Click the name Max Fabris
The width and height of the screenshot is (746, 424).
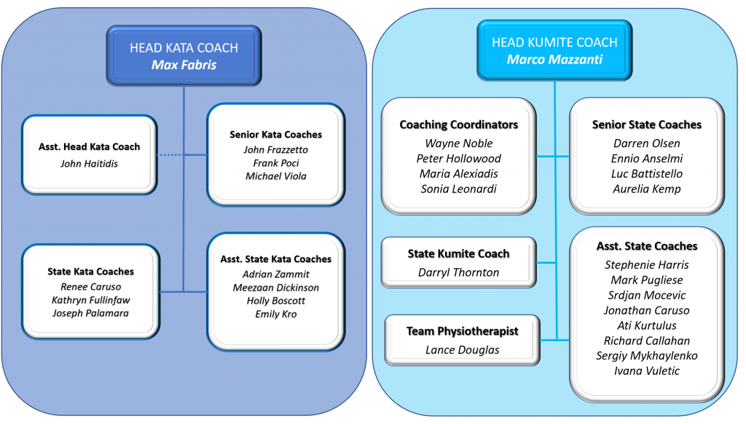click(x=184, y=65)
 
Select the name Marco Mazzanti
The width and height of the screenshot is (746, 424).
click(x=554, y=59)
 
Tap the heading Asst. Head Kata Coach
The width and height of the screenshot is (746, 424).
click(x=89, y=146)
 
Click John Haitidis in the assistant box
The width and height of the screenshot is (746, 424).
click(x=89, y=163)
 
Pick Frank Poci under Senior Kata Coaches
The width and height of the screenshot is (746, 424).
click(x=275, y=162)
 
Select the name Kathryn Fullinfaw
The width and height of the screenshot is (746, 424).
click(x=91, y=299)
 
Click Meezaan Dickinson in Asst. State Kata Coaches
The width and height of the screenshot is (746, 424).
click(x=275, y=287)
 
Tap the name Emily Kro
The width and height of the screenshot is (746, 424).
click(x=275, y=314)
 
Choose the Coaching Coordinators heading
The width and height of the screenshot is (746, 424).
click(x=458, y=125)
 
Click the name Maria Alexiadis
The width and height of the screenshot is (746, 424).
click(x=458, y=173)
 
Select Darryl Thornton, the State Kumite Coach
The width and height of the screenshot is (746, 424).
click(x=458, y=272)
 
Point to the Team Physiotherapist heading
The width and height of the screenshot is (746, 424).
click(x=462, y=331)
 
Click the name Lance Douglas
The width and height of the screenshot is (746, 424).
click(x=462, y=350)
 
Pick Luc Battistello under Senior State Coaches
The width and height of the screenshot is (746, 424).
click(x=646, y=173)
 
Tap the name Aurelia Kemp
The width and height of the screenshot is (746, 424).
click(x=646, y=189)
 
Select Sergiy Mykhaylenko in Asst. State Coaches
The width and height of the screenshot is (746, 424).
click(x=646, y=356)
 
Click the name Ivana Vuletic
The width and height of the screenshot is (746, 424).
click(x=646, y=371)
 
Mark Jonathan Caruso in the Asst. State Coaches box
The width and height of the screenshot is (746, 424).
click(x=646, y=310)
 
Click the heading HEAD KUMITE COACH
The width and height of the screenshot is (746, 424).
click(x=554, y=42)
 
